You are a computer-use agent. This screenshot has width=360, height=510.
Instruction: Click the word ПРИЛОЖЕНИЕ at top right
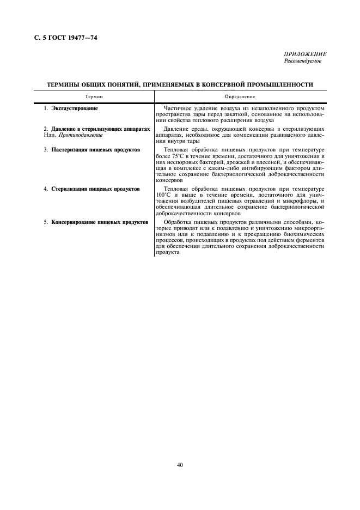305,54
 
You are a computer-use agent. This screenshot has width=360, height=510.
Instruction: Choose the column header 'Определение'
240,96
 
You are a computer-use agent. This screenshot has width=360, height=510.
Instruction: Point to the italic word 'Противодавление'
83,135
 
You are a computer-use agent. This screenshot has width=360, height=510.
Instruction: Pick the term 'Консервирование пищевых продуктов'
100,222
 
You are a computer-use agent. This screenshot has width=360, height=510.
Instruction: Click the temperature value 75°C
175,155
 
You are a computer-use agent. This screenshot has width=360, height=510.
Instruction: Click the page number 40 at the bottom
180,465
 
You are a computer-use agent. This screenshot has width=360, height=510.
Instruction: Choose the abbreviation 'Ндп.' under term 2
50,135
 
